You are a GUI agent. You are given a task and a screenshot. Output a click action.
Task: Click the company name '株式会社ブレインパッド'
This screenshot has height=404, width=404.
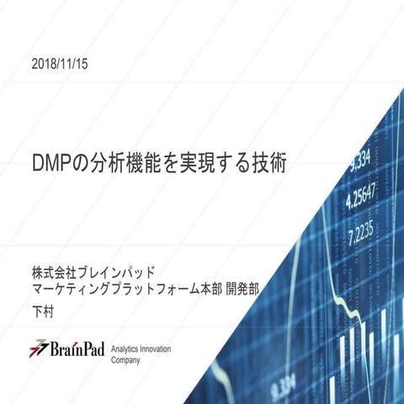click(93, 274)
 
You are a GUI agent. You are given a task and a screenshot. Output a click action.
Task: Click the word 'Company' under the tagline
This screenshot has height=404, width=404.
click(126, 359)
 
